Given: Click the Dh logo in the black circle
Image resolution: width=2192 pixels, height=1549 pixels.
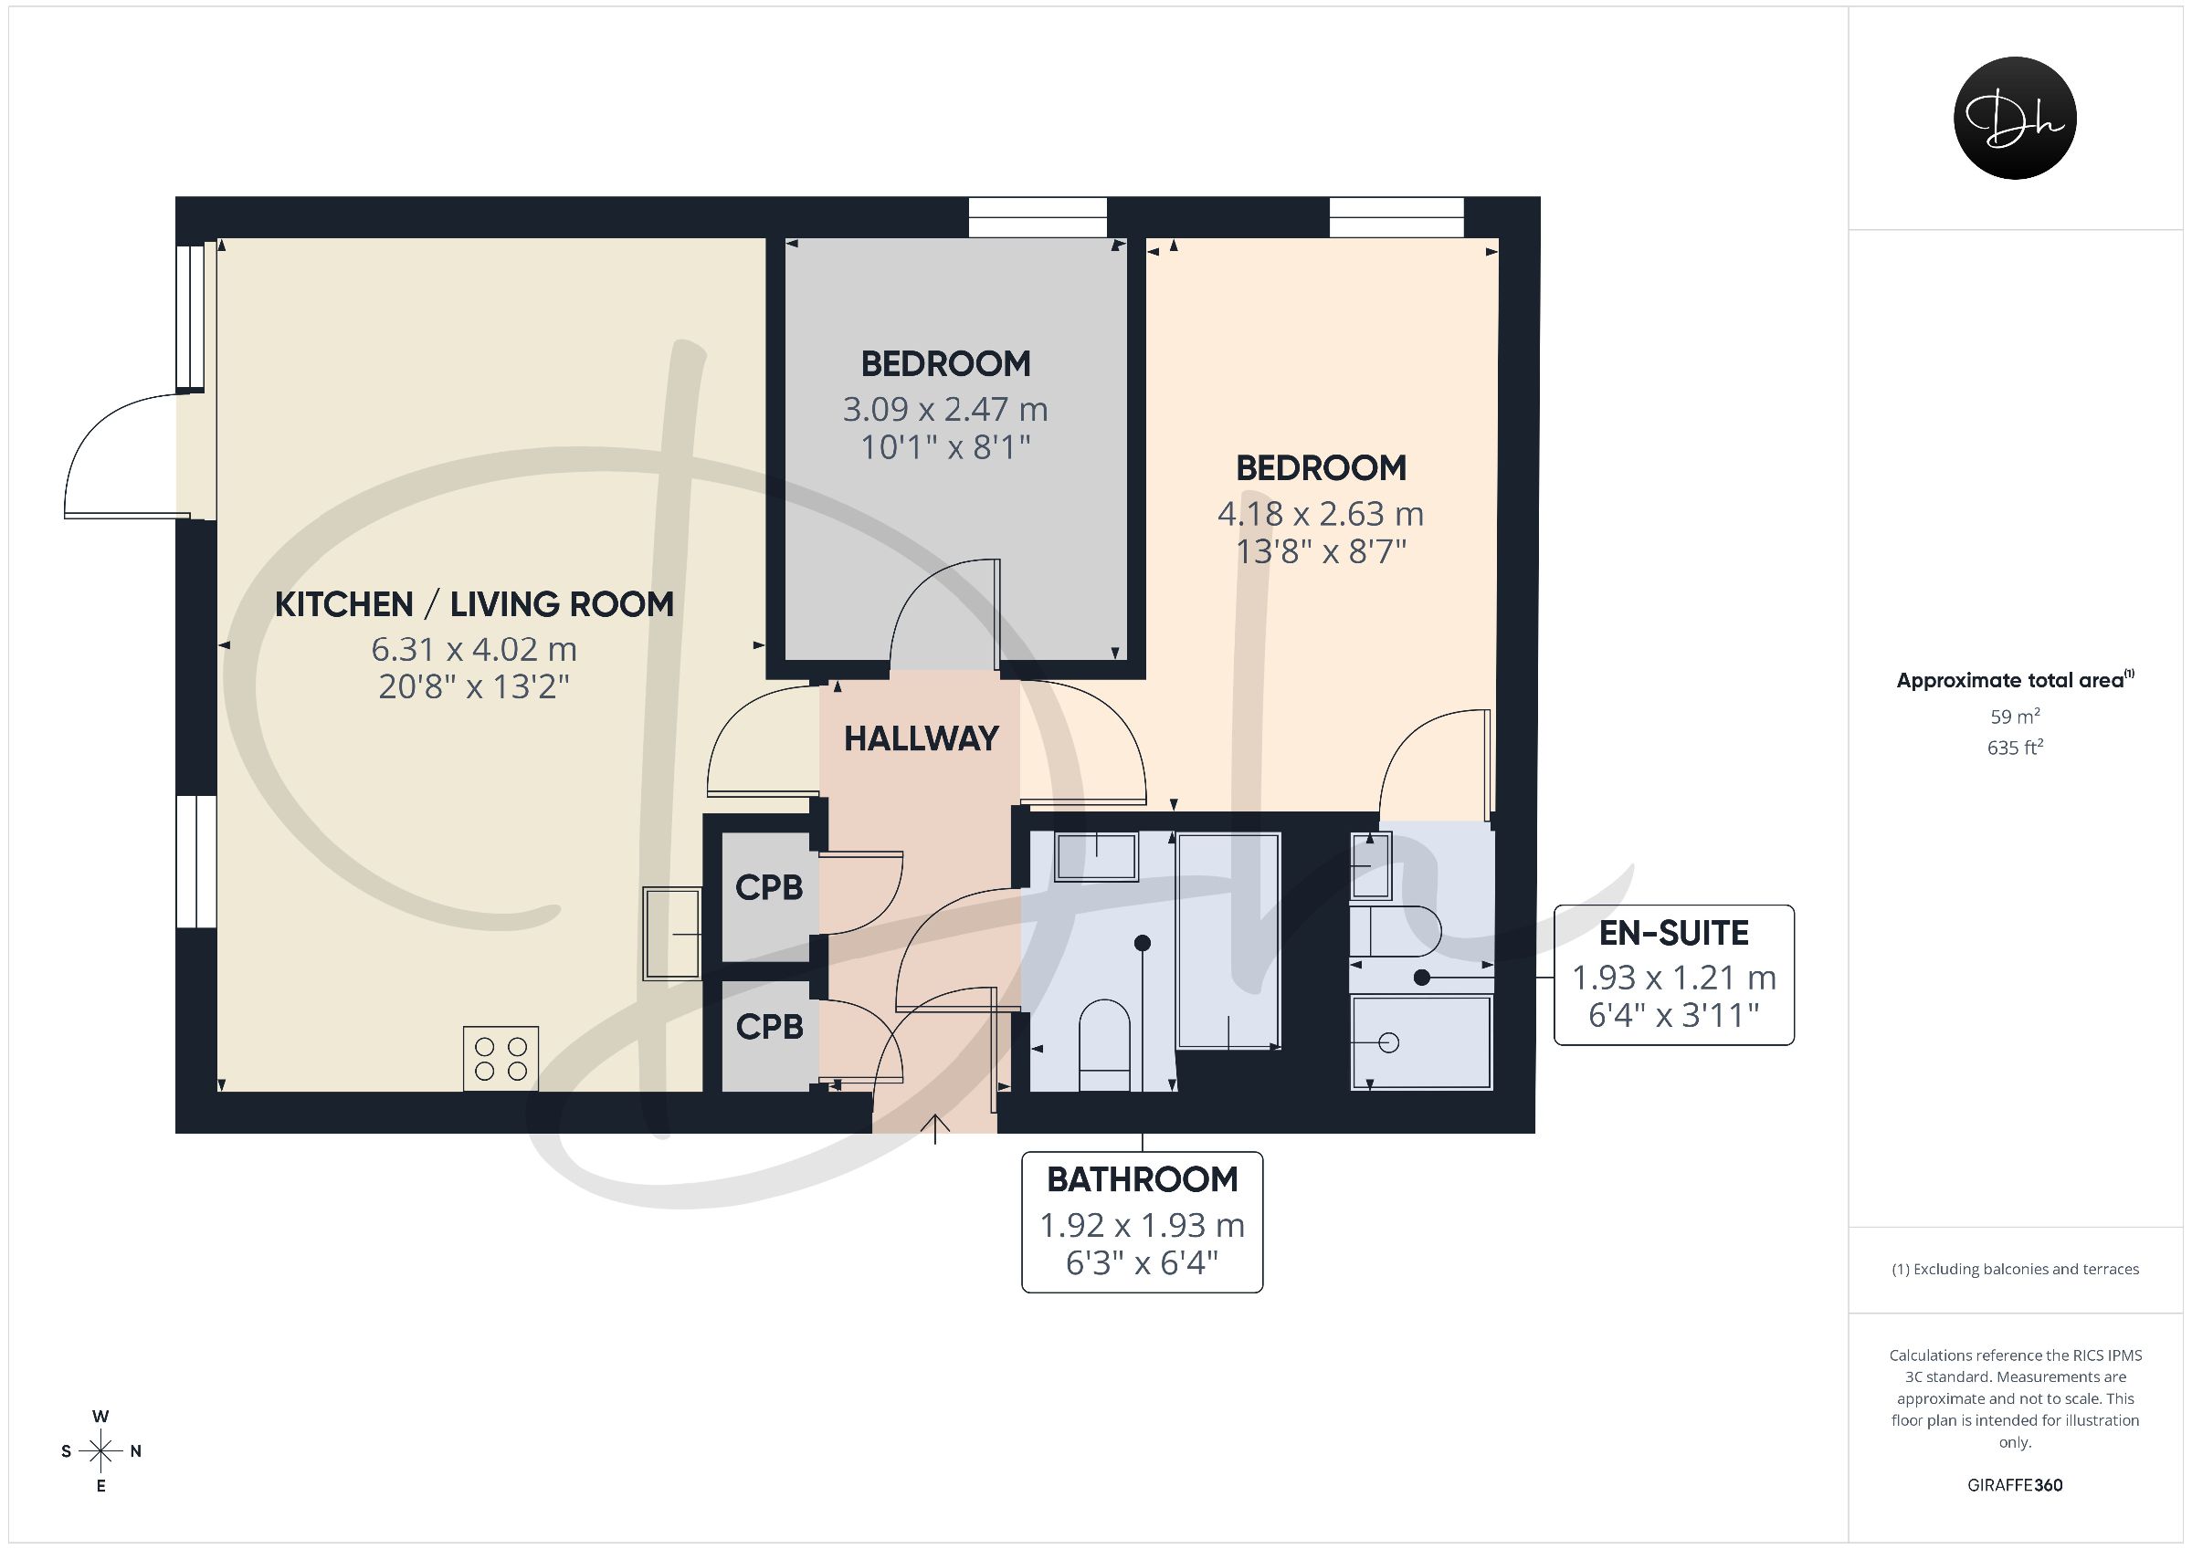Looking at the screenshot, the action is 2015,118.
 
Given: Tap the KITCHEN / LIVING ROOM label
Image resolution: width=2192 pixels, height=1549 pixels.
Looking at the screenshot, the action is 475,604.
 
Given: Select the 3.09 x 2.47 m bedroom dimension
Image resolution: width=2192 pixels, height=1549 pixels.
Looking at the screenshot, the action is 945,410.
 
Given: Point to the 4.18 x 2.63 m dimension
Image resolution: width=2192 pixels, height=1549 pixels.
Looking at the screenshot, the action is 1321,515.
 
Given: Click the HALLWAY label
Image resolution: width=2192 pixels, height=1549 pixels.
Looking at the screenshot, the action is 922,738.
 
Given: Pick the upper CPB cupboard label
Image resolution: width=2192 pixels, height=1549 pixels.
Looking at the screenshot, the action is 770,887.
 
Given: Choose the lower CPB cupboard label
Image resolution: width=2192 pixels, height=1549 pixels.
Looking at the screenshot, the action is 770,1027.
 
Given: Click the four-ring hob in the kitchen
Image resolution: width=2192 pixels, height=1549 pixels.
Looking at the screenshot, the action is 501,1059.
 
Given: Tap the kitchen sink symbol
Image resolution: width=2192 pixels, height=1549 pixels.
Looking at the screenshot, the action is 672,934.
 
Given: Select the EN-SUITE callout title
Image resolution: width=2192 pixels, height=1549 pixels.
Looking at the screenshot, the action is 1673,933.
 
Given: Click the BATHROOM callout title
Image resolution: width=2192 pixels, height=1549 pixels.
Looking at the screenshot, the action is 1142,1179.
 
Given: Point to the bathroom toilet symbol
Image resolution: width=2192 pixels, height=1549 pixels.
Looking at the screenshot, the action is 1104,1045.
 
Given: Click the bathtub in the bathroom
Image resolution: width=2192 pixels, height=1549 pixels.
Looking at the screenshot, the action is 1228,941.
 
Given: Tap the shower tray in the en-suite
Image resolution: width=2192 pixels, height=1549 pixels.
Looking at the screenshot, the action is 1421,1042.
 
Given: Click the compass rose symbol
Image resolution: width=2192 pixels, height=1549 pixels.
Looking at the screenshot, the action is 100,1451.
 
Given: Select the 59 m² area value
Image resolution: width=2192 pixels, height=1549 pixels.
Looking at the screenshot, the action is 2015,716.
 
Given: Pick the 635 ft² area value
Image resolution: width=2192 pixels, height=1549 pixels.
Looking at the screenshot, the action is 2015,748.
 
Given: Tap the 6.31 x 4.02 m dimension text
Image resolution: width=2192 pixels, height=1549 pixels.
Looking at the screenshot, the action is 475,650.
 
